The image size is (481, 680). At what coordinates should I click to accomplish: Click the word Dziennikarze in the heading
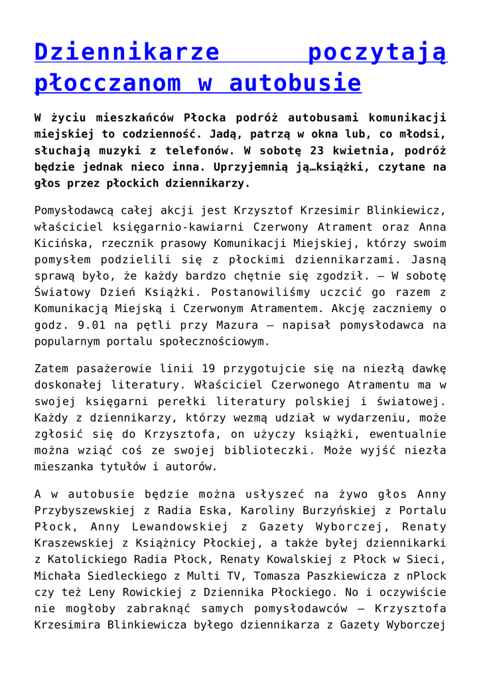[x=127, y=52]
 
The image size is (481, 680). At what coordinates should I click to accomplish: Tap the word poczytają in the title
[x=378, y=52]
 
